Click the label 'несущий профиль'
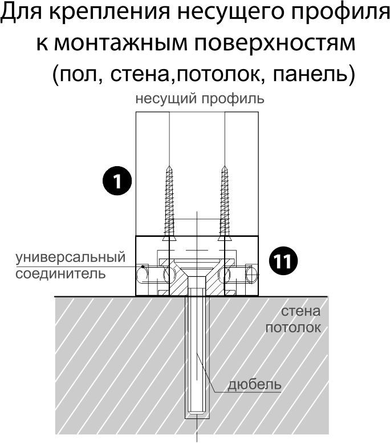(200, 98)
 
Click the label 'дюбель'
(254, 384)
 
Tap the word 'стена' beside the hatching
(300, 312)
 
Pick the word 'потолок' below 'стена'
(293, 328)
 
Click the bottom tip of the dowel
(196, 416)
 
